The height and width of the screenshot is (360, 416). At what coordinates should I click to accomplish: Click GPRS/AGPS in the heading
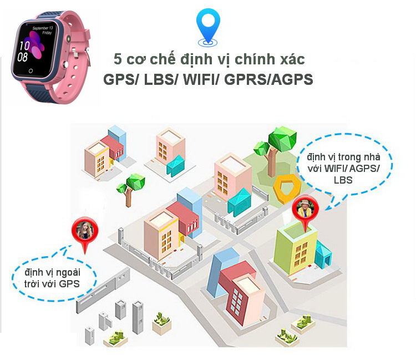click(270, 79)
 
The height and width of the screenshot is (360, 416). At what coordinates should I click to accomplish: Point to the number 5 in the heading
click(117, 58)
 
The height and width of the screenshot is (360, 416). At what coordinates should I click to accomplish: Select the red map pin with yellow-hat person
click(305, 210)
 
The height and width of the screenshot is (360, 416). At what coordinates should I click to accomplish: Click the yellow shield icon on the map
click(287, 187)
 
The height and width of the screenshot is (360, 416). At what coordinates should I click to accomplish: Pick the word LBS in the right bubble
click(342, 180)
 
